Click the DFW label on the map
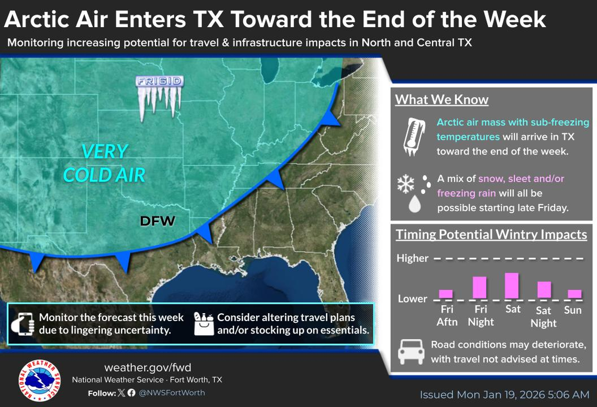pyautogui.click(x=157, y=222)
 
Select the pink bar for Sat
pyautogui.click(x=512, y=286)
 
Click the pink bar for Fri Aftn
pyautogui.click(x=446, y=294)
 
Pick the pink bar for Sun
pyautogui.click(x=574, y=294)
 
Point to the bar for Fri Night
pyautogui.click(x=480, y=287)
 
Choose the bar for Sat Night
pyautogui.click(x=544, y=290)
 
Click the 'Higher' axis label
pyautogui.click(x=412, y=258)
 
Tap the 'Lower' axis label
pyautogui.click(x=412, y=299)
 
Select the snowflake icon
pyautogui.click(x=405, y=184)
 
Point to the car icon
pyautogui.click(x=411, y=351)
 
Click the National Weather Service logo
pyautogui.click(x=39, y=380)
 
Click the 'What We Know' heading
pyautogui.click(x=441, y=100)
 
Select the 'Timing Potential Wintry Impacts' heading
pyautogui.click(x=491, y=234)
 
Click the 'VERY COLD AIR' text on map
pyautogui.click(x=104, y=163)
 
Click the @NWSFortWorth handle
pyautogui.click(x=172, y=392)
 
